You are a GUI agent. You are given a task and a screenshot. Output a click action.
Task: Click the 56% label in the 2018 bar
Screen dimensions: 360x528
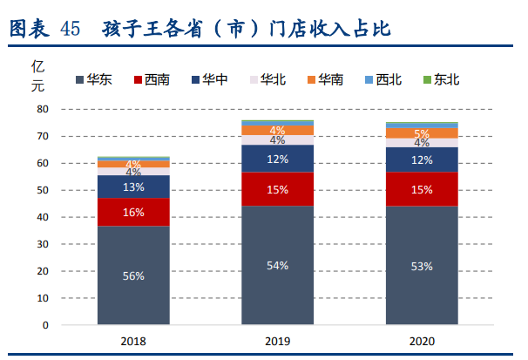coord(133,275)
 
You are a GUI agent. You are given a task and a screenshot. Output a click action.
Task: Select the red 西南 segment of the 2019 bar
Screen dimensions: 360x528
coord(277,189)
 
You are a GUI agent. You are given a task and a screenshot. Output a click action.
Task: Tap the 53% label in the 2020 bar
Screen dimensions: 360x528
coord(422,266)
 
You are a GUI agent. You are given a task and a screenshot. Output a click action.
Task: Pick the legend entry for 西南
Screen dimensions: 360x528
coord(151,79)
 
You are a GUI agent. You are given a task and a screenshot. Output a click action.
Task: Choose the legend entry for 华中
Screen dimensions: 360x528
coord(208,79)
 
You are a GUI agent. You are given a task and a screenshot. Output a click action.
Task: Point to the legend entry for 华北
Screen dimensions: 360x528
coord(267,79)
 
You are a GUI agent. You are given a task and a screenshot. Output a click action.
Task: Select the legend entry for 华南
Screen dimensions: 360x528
coord(324,79)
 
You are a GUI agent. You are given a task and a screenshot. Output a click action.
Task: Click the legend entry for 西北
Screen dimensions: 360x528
coord(382,79)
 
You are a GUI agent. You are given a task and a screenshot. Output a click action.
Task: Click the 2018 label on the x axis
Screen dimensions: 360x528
coord(133,342)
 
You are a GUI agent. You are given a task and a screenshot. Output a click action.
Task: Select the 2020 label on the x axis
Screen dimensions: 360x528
coord(422,342)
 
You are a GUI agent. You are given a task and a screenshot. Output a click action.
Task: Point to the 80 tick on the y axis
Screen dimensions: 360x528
coord(42,110)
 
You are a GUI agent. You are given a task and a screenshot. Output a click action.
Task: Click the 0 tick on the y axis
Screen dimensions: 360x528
coord(44,325)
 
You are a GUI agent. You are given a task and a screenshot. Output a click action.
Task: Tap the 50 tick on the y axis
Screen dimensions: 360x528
coord(42,190)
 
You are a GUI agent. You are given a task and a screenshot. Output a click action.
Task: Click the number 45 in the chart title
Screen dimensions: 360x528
coord(71,29)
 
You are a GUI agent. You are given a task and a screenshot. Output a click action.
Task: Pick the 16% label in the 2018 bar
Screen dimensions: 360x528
coord(133,213)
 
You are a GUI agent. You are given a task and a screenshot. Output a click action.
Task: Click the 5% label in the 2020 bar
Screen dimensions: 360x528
coord(422,133)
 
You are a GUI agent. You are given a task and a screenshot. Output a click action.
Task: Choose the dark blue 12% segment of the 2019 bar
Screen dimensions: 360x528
coord(277,159)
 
